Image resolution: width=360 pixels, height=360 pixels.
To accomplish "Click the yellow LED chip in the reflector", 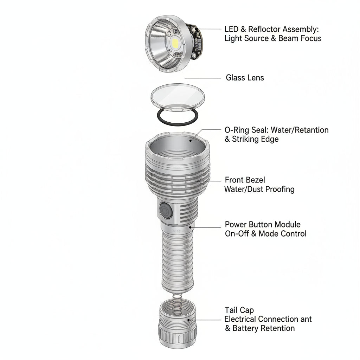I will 175,43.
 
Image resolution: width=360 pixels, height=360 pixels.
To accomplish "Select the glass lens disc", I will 177,95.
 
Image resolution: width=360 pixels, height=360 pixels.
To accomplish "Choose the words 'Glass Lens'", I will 245,77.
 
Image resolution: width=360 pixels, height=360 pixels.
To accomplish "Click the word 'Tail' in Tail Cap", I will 232,310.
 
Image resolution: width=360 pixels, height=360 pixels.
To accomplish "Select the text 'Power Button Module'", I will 263,224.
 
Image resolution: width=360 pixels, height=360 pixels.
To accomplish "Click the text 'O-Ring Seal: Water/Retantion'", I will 276,130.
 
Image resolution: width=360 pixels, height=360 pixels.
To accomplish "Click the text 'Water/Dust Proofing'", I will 259,189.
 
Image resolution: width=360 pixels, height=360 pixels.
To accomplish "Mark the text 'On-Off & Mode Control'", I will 265,233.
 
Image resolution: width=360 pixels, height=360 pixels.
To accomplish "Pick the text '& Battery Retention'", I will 260,328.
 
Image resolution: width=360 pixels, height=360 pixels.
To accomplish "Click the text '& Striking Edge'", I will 252,139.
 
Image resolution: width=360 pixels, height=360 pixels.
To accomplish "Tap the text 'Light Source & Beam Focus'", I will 273,38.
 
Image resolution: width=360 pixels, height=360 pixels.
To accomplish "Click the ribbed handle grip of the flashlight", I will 178,260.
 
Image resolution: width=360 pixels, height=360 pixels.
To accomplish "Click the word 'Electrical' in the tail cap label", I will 240,319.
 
